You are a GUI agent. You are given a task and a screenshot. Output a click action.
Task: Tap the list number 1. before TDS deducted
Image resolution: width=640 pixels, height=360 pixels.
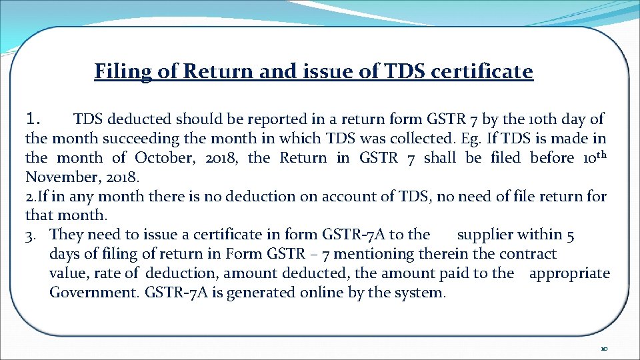[x=34, y=119]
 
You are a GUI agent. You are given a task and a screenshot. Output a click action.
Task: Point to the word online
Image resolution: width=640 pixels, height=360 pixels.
[x=319, y=293]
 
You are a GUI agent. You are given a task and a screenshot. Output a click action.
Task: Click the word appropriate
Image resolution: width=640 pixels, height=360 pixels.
[x=569, y=273]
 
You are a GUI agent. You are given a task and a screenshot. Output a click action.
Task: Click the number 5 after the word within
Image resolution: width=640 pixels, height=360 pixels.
[x=571, y=234]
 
